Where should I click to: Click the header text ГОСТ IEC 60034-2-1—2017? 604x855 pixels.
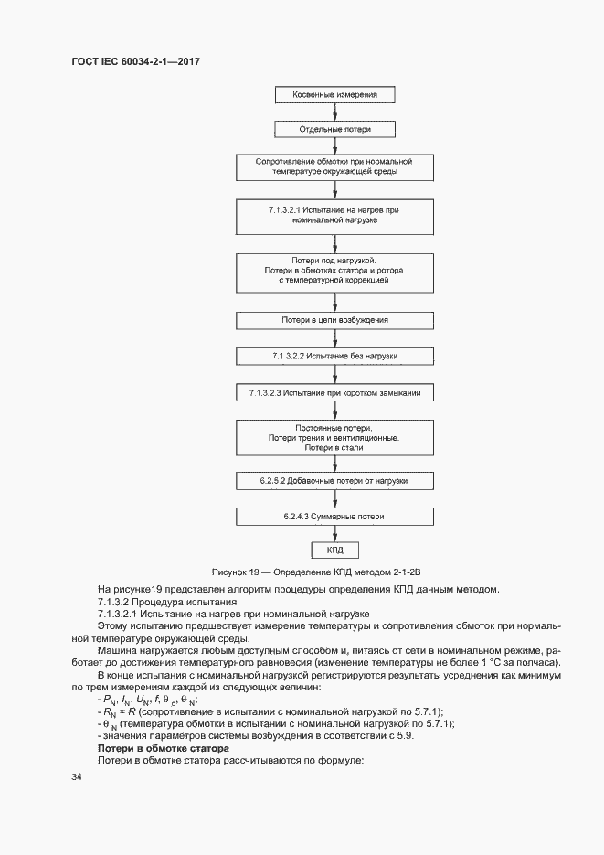click(x=135, y=61)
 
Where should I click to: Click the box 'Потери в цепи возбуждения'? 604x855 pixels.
click(x=334, y=320)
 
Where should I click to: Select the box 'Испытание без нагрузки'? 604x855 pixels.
click(x=334, y=355)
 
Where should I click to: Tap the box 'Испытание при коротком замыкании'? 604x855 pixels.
click(x=334, y=392)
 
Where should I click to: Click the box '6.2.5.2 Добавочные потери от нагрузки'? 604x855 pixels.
click(x=334, y=480)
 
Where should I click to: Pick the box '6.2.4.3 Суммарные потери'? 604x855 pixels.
click(x=334, y=517)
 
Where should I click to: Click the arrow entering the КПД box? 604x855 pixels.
click(x=334, y=536)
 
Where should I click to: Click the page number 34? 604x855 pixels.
click(x=77, y=777)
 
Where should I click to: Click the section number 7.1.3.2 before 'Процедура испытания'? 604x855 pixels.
click(x=119, y=602)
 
